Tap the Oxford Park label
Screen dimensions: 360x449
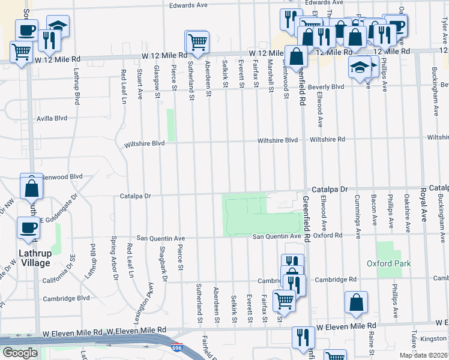point(388,263)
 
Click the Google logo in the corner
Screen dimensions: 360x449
point(19,353)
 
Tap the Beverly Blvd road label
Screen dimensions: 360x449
point(326,86)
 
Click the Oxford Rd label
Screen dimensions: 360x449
point(327,236)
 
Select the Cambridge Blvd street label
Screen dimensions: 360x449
point(66,298)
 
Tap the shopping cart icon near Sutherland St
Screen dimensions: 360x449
point(197,42)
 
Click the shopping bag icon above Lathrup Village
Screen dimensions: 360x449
point(31,187)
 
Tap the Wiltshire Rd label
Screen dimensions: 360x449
point(328,139)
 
